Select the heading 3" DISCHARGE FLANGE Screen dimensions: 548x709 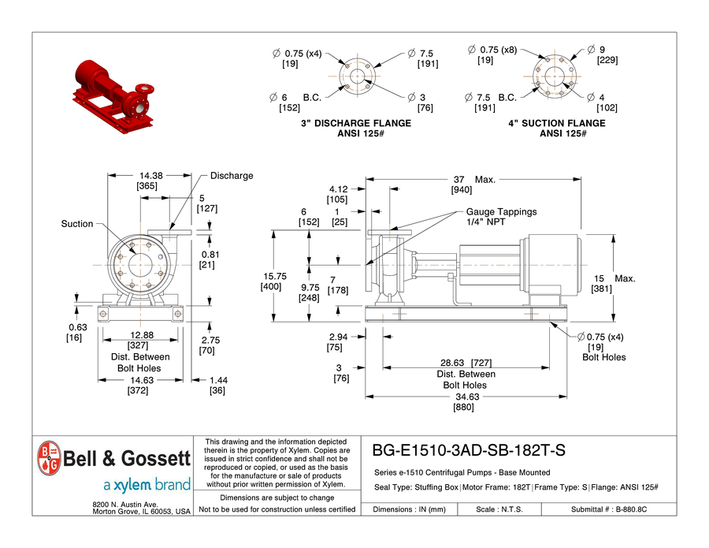[356, 123]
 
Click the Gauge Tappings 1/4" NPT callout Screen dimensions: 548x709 [501, 217]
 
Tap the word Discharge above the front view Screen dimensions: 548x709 [232, 176]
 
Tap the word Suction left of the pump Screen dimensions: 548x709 [77, 224]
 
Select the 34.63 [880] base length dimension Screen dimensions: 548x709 [470, 402]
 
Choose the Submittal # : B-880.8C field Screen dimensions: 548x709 [608, 509]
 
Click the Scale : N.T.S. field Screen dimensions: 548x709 [499, 509]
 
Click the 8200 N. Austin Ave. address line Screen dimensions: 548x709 [126, 503]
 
